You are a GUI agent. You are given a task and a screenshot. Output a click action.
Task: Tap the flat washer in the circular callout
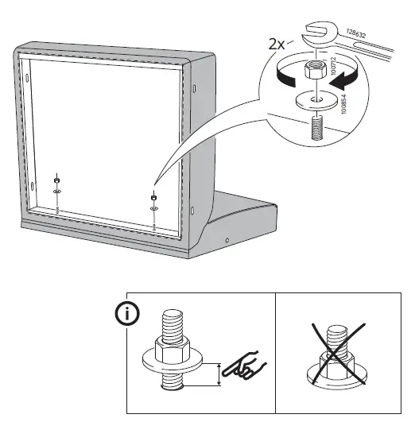click(x=315, y=101)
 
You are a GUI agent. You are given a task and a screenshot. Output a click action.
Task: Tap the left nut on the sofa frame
click(x=57, y=179)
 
